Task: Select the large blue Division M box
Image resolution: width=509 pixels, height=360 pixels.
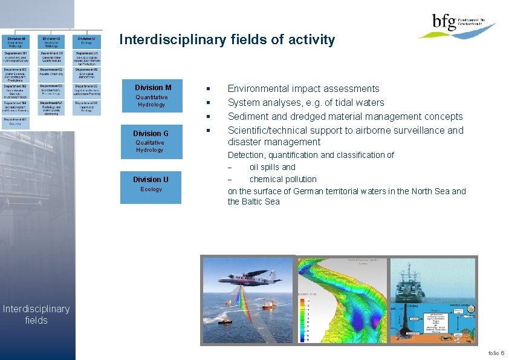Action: (x=152, y=96)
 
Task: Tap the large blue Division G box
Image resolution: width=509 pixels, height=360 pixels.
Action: (x=151, y=141)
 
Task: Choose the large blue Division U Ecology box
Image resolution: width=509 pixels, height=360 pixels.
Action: (x=151, y=184)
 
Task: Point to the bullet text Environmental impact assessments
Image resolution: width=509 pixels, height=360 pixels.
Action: (x=303, y=89)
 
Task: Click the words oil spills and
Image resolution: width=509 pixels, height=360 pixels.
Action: (x=272, y=167)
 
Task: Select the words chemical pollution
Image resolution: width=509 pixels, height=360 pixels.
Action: (x=282, y=179)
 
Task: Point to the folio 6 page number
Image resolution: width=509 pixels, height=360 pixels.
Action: (x=494, y=353)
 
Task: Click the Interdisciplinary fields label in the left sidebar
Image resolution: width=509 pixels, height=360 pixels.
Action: (x=36, y=315)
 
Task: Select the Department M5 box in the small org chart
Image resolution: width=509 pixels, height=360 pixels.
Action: (x=16, y=122)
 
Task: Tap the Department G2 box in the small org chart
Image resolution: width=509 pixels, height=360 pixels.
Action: (x=51, y=73)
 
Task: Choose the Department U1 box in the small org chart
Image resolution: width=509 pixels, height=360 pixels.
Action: (x=87, y=57)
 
